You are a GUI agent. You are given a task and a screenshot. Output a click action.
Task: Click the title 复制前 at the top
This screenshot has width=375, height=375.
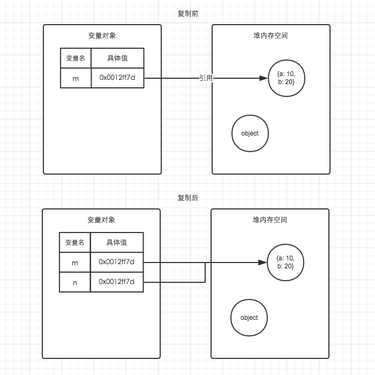click(188, 13)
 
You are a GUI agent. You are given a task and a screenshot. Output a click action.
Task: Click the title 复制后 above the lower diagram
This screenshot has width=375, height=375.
click(188, 198)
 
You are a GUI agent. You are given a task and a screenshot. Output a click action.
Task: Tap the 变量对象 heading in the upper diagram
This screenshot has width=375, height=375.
click(102, 36)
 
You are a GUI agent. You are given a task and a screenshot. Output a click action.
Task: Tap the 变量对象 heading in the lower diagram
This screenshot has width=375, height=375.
click(101, 220)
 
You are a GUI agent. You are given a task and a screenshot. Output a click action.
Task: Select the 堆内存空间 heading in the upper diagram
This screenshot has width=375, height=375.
click(271, 36)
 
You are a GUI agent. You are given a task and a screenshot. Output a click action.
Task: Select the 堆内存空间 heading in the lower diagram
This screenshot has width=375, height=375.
click(270, 220)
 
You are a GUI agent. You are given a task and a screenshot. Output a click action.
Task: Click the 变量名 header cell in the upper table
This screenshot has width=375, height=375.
click(76, 58)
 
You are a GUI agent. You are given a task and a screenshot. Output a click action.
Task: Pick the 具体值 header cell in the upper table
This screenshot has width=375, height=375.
click(117, 58)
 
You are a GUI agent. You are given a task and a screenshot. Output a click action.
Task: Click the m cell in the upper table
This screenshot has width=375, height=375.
click(76, 78)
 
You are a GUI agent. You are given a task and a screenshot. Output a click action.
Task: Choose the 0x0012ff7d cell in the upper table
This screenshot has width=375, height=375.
click(117, 78)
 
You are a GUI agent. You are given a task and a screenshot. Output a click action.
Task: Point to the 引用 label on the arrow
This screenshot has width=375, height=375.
click(206, 78)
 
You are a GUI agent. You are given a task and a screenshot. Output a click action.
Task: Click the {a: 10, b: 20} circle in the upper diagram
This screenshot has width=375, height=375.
click(287, 78)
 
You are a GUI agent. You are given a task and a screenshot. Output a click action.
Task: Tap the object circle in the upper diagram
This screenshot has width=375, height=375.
click(250, 133)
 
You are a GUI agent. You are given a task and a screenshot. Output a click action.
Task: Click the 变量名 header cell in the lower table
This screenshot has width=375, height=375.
click(74, 243)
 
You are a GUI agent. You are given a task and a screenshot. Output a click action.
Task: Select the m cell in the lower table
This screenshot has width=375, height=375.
click(74, 262)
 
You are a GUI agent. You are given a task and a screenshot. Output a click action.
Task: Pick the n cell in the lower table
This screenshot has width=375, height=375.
click(74, 282)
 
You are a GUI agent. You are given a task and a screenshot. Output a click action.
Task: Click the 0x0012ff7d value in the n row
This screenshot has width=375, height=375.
click(116, 282)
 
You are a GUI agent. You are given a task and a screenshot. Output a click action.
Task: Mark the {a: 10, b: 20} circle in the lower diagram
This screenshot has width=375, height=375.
click(286, 262)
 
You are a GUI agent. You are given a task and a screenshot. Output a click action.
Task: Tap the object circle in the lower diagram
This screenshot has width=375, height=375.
click(249, 318)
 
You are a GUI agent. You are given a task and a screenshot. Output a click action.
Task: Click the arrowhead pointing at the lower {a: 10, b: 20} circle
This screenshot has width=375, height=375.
click(263, 262)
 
